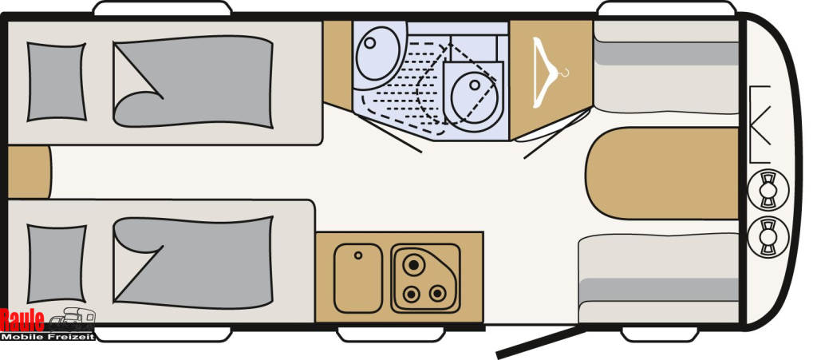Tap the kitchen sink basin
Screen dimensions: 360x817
point(357,279)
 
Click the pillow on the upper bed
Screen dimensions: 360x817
point(56,81)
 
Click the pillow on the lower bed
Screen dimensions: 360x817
point(56,263)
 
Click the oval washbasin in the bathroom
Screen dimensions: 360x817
point(377,52)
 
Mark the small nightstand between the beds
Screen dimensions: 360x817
point(28,172)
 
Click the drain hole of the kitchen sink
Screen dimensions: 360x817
point(358,255)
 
